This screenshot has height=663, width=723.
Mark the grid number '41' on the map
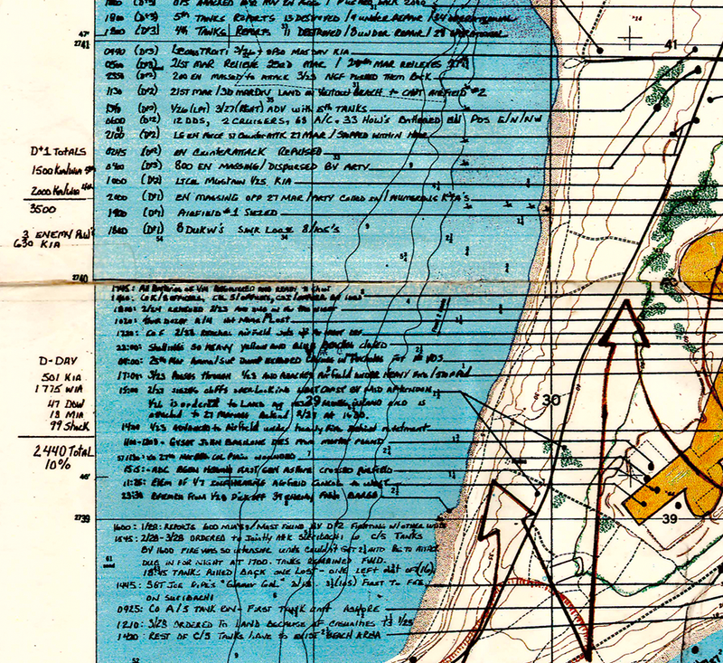point(670,44)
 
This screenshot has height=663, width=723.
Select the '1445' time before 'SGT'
point(130,585)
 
